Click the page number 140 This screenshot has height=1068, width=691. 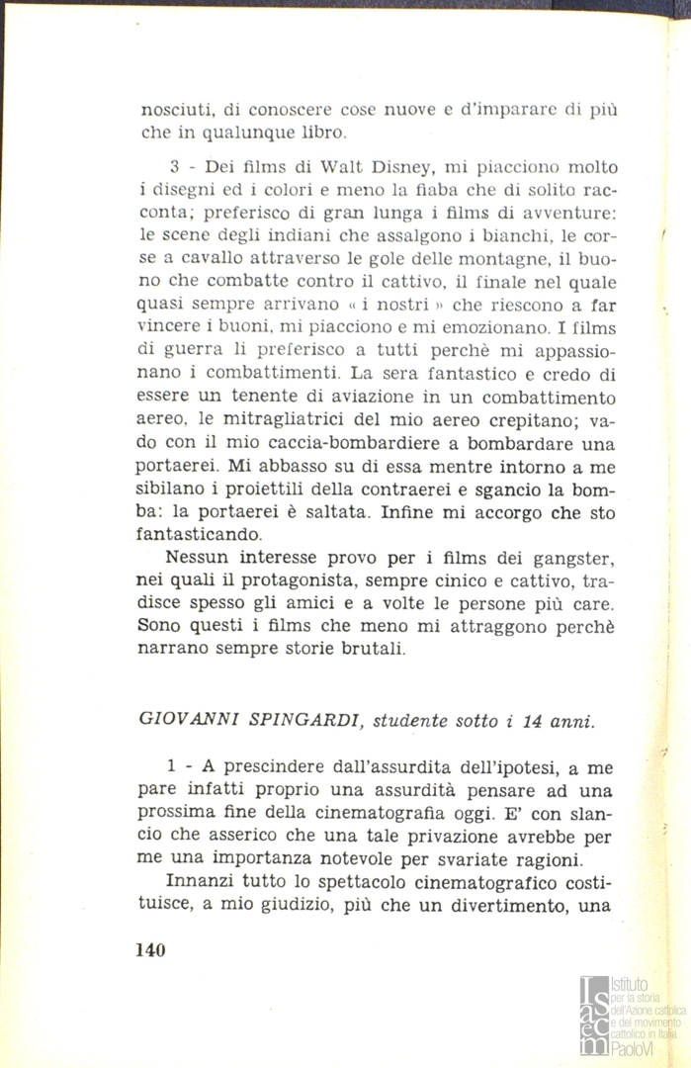[x=149, y=950]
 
